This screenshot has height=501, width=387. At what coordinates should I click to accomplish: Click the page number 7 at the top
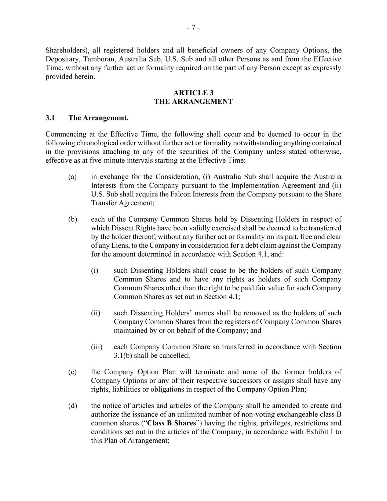click(x=193, y=28)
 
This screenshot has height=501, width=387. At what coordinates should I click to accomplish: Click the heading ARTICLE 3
click(x=193, y=93)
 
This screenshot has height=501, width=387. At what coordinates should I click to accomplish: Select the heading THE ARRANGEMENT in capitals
click(x=193, y=102)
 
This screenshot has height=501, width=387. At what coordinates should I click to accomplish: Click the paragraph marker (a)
click(x=72, y=177)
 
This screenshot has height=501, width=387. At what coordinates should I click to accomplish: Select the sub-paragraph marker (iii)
click(x=96, y=347)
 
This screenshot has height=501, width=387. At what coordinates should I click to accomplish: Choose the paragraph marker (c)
click(x=72, y=372)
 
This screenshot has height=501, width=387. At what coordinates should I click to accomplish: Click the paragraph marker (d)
click(x=72, y=406)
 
